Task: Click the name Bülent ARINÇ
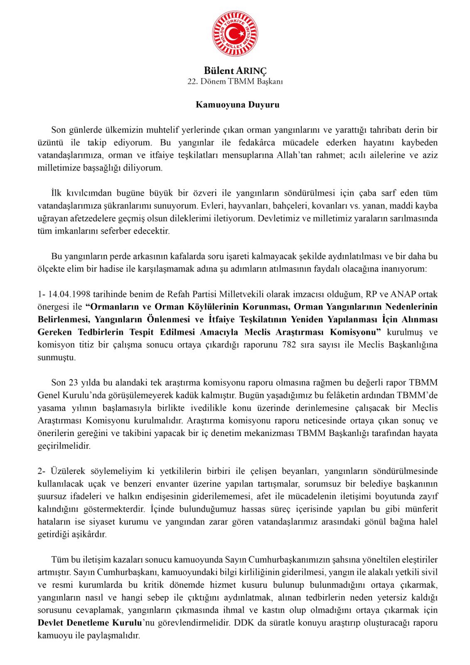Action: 235,71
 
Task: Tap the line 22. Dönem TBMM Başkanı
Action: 235,81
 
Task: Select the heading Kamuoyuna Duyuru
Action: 237,105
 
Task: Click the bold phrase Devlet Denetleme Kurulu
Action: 90,623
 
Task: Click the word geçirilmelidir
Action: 64,446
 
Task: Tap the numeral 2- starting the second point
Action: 42,471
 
